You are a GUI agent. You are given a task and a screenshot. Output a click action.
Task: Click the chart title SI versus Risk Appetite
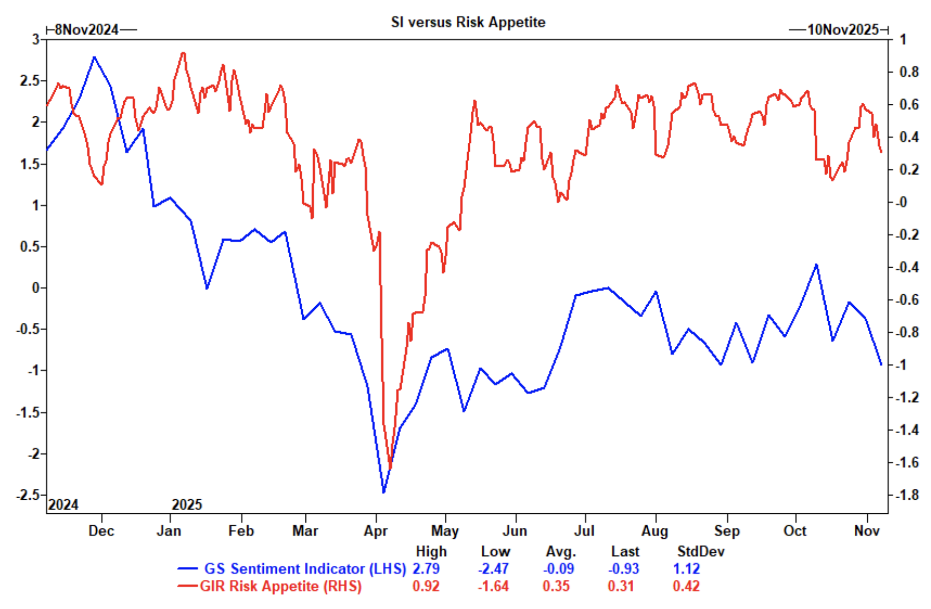(x=468, y=22)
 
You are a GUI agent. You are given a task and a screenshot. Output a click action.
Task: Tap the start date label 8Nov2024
(x=87, y=30)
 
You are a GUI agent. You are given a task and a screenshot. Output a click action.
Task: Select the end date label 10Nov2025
(x=843, y=30)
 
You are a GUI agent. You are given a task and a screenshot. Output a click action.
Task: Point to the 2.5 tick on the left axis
(x=30, y=81)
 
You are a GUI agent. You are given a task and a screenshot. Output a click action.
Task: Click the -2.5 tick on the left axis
(x=28, y=495)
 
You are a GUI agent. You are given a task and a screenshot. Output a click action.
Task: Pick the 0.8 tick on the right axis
(x=908, y=72)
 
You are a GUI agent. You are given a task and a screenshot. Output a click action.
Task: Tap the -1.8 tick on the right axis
(x=906, y=495)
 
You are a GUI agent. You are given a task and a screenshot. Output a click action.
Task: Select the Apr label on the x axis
(x=376, y=531)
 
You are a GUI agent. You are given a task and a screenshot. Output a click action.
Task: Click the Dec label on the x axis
(x=101, y=531)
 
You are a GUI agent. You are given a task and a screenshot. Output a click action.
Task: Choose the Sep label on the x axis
(x=727, y=531)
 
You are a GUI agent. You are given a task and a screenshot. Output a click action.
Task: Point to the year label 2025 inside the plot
(x=187, y=505)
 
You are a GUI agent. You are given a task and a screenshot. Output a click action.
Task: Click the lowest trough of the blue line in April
(x=383, y=492)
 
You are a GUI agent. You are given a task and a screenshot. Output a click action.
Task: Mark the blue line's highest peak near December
(x=94, y=57)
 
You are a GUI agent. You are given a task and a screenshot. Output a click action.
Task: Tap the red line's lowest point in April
(x=390, y=468)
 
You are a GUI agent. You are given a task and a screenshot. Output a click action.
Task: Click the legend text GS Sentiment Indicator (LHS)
(x=305, y=569)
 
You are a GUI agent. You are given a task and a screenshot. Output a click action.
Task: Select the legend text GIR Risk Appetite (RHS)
(x=281, y=586)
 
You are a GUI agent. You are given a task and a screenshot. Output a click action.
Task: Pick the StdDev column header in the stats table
(x=701, y=552)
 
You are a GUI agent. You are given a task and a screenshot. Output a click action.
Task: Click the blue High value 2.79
(x=426, y=569)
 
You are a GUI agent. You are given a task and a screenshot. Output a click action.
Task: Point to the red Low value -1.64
(x=493, y=586)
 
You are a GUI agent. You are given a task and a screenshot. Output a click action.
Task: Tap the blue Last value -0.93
(x=623, y=569)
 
